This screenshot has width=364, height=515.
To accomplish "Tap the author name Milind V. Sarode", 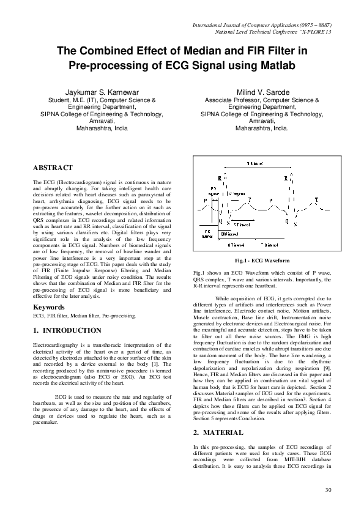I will point(262,91).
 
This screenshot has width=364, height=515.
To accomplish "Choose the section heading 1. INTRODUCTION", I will point(67,330).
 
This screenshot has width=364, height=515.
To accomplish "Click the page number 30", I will point(328,490).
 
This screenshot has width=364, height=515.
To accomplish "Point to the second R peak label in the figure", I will point(286,179).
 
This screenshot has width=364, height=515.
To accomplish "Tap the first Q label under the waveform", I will point(220,221).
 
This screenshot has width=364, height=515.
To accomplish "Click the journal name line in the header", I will point(262,24).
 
